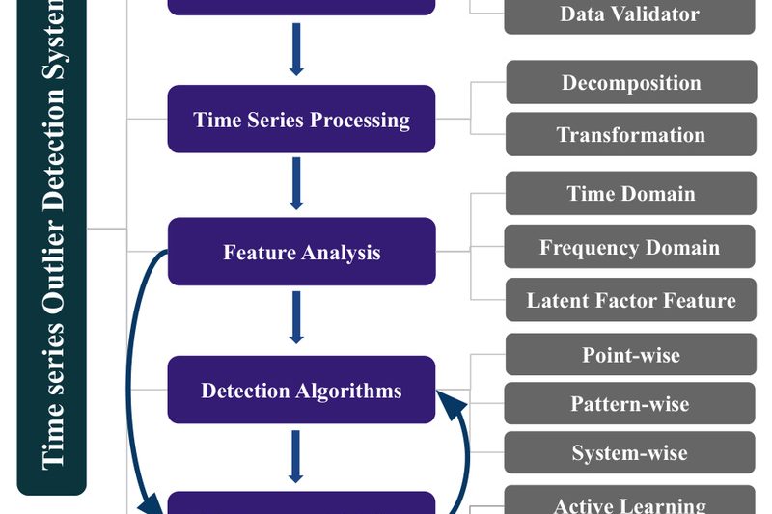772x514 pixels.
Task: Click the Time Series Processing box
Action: [301, 120]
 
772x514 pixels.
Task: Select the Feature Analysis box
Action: [301, 253]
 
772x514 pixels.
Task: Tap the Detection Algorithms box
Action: [301, 391]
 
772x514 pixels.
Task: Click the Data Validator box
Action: [629, 15]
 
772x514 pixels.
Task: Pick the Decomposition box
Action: [630, 83]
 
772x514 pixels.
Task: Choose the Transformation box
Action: [630, 135]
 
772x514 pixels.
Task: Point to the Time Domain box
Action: [630, 194]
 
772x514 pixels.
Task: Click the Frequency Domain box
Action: [629, 248]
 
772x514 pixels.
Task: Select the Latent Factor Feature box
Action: [630, 301]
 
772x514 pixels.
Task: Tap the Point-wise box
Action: [630, 355]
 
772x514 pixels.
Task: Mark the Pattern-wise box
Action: [629, 403]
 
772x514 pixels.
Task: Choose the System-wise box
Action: [629, 452]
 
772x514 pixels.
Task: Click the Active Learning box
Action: [629, 503]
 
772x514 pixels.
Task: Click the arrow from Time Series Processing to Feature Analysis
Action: [296, 183]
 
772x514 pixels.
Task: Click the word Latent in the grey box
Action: [557, 301]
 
